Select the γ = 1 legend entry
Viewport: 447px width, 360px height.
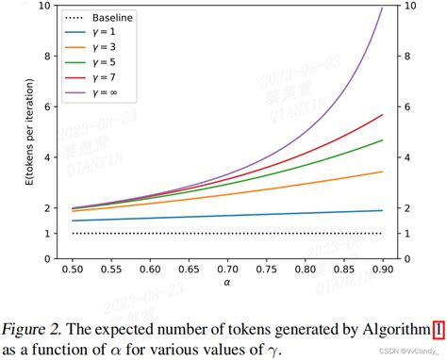coord(102,33)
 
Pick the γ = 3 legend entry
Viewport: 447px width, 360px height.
coord(102,48)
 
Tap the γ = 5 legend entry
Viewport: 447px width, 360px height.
coord(102,63)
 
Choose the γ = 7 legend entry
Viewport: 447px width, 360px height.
coord(102,78)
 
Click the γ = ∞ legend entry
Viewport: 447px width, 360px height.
coord(104,93)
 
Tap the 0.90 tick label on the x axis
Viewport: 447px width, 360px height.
coord(382,269)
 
